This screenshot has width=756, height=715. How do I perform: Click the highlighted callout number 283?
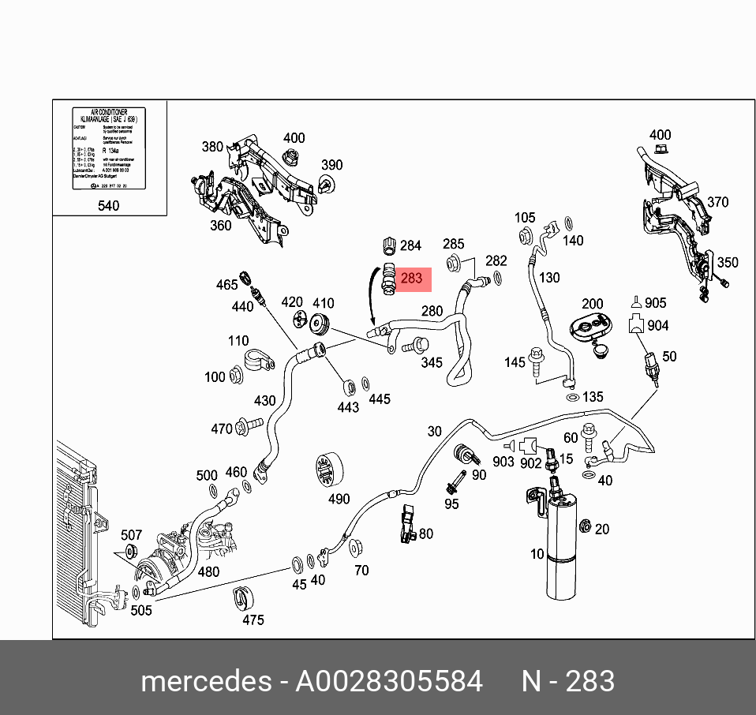pos(412,278)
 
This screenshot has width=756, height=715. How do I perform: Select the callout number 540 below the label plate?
pos(108,206)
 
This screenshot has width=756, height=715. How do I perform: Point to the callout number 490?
pos(339,499)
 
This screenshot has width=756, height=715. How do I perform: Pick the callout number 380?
pos(213,146)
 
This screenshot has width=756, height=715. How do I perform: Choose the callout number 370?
pos(717,202)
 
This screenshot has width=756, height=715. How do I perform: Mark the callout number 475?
pos(253,620)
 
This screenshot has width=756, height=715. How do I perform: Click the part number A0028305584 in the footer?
pos(389,681)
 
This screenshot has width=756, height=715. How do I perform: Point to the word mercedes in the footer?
pos(206,681)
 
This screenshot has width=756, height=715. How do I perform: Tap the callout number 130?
pos(549,277)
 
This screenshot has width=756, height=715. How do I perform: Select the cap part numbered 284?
pos(388,245)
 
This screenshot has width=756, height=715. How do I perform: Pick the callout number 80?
pos(426,533)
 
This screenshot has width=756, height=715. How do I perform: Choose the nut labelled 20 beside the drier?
pos(586,528)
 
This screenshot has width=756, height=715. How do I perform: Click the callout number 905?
pos(656,303)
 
